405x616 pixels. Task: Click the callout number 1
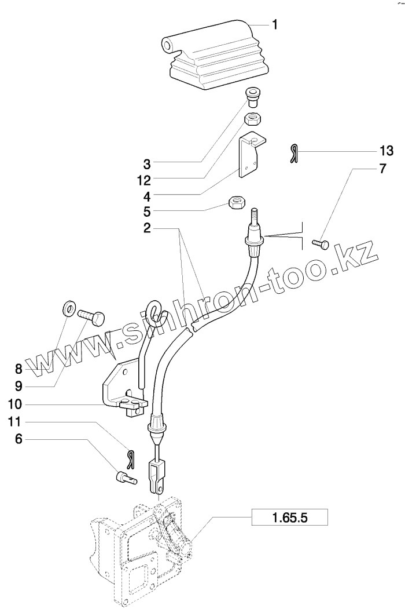tap(275, 24)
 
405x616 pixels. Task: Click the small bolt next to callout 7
tap(321, 244)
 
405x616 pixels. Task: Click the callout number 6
tap(19, 440)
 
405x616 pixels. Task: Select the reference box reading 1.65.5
tap(289, 516)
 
